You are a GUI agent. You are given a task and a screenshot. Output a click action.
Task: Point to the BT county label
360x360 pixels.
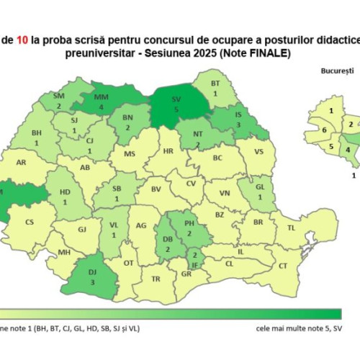click(x=215, y=84)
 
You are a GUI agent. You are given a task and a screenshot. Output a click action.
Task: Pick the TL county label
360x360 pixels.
click(x=292, y=228)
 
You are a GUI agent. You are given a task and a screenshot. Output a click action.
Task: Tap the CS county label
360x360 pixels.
click(x=30, y=222)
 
